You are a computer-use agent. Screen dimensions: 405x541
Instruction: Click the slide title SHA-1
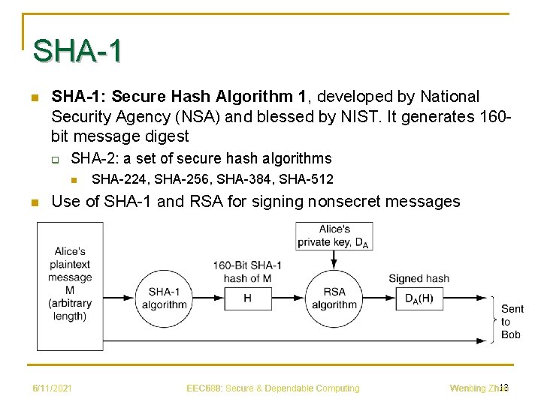pos(77,52)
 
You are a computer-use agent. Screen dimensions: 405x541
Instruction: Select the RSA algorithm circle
pos(334,298)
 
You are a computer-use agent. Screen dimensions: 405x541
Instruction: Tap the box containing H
pos(248,298)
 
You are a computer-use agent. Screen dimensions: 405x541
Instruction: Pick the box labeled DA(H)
pos(419,298)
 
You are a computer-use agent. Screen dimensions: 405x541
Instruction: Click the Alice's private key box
pos(334,235)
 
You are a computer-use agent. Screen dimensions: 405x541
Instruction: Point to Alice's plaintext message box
pos(70,286)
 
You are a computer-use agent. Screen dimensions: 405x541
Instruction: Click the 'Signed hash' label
pos(419,278)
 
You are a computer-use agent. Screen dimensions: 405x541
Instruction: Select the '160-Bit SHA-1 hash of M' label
pos(247,271)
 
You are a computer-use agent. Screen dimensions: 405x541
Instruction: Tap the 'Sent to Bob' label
pos(512,322)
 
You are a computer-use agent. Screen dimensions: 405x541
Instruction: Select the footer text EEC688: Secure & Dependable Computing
pos(273,388)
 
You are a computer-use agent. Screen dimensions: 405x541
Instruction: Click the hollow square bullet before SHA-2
pos(56,158)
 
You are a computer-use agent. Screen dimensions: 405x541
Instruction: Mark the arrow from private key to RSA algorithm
pos(334,259)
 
